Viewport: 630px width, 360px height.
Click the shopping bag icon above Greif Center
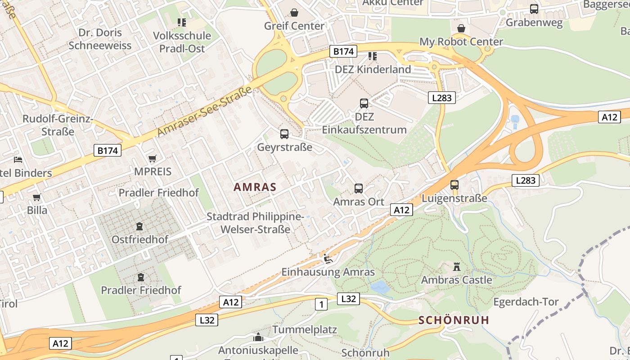(294, 12)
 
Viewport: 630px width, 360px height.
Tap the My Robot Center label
(461, 42)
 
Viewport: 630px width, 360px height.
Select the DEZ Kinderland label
(373, 69)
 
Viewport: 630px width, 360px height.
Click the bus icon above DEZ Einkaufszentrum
(364, 103)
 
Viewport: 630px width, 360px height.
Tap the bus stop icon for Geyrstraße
(284, 134)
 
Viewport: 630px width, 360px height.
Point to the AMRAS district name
(255, 187)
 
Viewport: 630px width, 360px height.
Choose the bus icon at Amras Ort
(359, 189)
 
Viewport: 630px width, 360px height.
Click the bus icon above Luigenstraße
(454, 185)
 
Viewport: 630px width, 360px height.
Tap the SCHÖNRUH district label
(453, 320)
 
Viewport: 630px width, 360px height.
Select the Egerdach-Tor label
(526, 301)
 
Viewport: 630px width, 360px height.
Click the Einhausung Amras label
(328, 272)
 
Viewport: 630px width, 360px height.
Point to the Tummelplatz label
(305, 329)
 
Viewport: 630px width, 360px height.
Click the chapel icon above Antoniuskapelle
(258, 337)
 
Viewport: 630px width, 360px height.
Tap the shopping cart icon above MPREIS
(153, 158)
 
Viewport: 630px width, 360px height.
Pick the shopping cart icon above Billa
(37, 197)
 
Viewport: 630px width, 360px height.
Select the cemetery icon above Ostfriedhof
(140, 226)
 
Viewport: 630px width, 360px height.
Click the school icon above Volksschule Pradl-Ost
(182, 22)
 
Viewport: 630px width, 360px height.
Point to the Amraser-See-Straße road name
(205, 112)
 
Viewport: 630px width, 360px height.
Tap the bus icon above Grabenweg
(534, 9)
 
